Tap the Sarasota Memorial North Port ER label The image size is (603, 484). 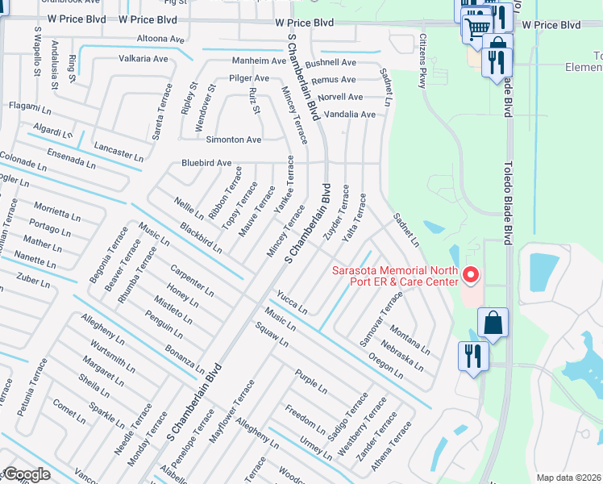click(x=395, y=276)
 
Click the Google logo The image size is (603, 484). click(x=26, y=474)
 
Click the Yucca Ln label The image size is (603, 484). click(x=292, y=302)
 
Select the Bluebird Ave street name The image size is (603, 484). click(x=206, y=163)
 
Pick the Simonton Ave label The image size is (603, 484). click(x=234, y=140)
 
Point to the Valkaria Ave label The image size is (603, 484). click(x=143, y=59)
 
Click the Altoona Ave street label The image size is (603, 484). click(x=161, y=39)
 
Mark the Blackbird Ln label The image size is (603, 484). click(x=201, y=238)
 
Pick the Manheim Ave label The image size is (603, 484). click(x=259, y=61)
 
